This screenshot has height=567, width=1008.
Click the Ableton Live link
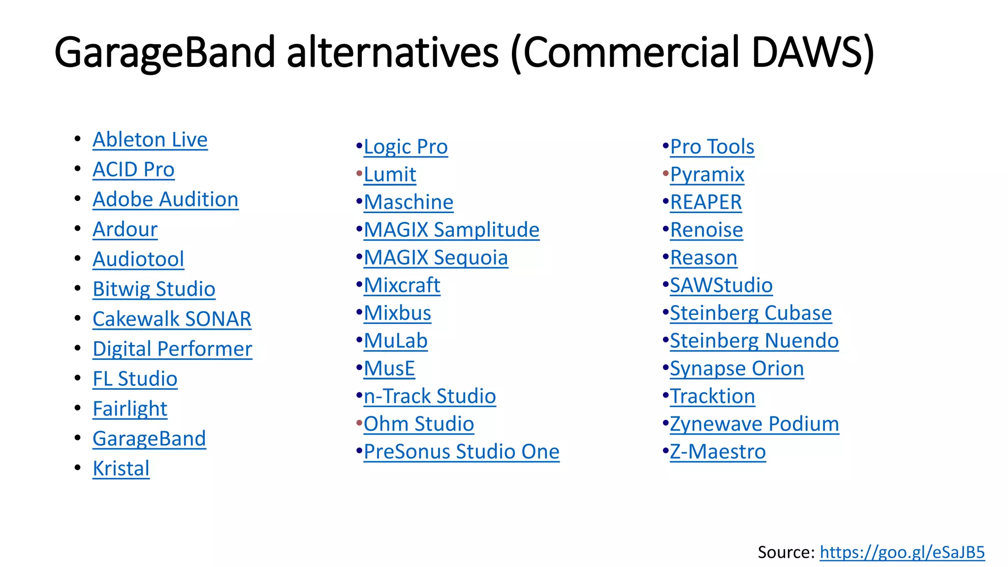coord(150,140)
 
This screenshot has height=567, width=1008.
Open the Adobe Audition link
coord(165,199)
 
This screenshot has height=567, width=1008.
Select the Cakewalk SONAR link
coord(172,319)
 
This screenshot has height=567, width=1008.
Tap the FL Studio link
coord(135,379)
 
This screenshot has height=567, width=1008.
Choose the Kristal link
coord(121,469)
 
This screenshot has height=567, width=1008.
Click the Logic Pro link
coord(406,147)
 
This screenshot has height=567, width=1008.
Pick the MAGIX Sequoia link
coord(436,258)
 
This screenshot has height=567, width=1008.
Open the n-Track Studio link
coord(430,396)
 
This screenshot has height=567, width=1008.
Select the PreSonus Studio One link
coord(461,452)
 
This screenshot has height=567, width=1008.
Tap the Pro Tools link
coord(712,147)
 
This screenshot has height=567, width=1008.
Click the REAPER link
coord(706,202)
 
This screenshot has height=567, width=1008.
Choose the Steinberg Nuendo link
coord(754,341)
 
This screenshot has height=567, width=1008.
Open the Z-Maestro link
coord(718,452)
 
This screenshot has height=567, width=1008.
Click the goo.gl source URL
coord(902,552)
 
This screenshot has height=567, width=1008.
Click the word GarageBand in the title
coord(164,52)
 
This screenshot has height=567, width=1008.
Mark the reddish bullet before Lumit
coord(359,174)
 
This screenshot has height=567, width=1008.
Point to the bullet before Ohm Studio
coord(359,423)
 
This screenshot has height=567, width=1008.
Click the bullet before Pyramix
coord(665,174)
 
